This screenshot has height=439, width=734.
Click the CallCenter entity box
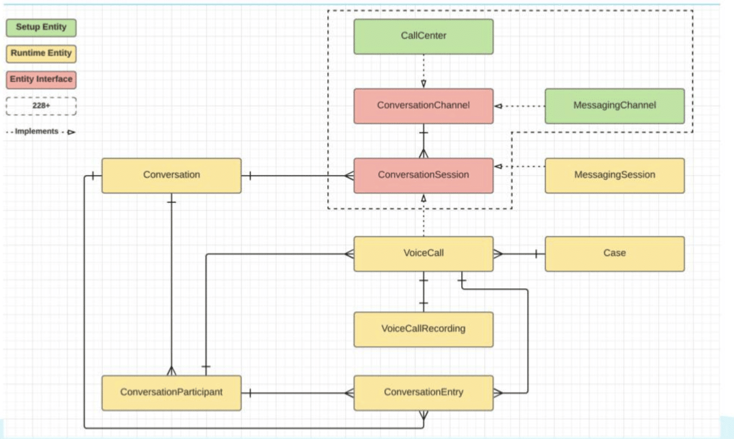(x=423, y=36)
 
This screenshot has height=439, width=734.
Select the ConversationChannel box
(x=423, y=106)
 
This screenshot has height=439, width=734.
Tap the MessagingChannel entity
(x=615, y=106)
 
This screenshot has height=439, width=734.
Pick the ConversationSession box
(x=423, y=176)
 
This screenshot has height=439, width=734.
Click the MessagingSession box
(x=615, y=176)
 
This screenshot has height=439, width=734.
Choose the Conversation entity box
(x=172, y=176)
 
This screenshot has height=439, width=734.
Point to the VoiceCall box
(x=423, y=254)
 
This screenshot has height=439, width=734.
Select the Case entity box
(x=615, y=254)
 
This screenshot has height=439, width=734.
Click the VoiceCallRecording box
(x=423, y=329)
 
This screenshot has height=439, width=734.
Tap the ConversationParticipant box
(x=172, y=393)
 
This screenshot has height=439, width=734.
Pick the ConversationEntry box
(x=423, y=393)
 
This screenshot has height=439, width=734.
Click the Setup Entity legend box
(x=41, y=28)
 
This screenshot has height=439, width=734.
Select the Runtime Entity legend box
(x=41, y=54)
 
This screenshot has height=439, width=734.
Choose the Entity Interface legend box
(x=41, y=80)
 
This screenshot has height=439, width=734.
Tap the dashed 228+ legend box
(x=41, y=106)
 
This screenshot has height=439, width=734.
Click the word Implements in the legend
(x=37, y=131)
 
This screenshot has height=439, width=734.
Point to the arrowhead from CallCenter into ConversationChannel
(x=424, y=84)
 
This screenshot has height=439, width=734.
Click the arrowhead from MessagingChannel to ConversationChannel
(x=498, y=106)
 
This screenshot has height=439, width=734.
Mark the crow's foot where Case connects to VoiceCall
(x=498, y=254)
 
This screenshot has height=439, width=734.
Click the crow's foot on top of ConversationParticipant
(x=172, y=371)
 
